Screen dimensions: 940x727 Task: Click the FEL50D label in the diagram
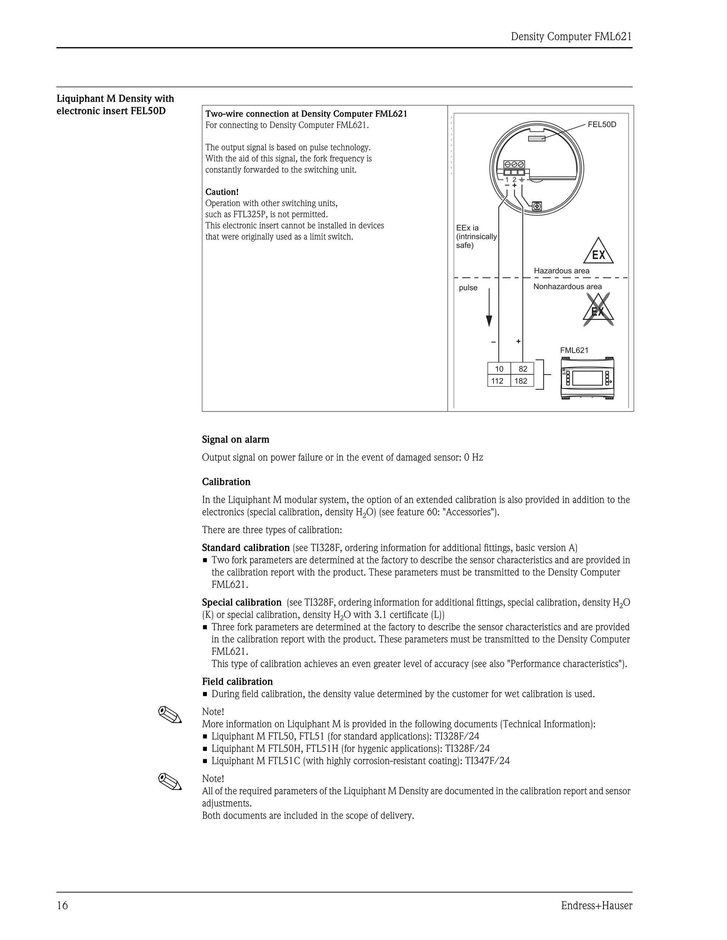[602, 125]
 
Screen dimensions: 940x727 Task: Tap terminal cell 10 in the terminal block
[499, 369]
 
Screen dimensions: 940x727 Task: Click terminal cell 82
[523, 369]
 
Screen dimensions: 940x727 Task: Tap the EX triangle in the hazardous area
[598, 252]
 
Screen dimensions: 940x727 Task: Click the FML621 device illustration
[587, 378]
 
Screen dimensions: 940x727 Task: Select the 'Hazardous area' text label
[562, 271]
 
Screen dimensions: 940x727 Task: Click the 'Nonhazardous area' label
[567, 287]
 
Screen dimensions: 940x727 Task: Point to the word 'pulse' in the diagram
[468, 288]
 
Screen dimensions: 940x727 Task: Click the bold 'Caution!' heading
[222, 192]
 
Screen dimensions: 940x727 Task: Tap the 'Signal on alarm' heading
[236, 439]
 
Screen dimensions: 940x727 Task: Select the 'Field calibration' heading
[237, 681]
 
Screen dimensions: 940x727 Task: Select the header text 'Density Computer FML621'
[571, 37]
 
